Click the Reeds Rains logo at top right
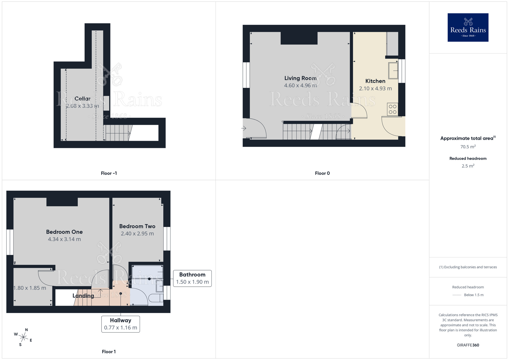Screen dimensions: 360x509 pos(468,27)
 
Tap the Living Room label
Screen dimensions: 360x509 pos(300,78)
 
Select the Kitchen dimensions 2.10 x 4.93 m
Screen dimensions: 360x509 pos(375,89)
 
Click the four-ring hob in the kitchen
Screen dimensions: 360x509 pos(392,109)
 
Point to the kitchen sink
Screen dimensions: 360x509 pos(393,71)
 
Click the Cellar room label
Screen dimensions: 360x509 pos(82,99)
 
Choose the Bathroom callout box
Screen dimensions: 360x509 pos(192,278)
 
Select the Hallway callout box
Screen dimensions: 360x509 pos(120,324)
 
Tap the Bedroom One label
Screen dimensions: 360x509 pos(64,232)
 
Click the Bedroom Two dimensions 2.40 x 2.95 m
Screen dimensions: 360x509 pos(137,234)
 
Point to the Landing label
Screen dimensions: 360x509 pos(83,296)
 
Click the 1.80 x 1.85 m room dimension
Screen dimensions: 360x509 pos(30,288)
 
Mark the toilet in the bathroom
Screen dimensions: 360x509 pos(156,298)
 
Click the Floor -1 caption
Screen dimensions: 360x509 pos(109,173)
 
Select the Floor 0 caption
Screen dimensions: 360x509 pos(322,173)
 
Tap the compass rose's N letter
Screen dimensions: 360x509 pos(26,330)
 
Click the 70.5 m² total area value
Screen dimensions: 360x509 pos(468,147)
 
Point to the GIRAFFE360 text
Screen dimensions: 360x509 pos(468,345)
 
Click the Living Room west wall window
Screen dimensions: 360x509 pos(246,75)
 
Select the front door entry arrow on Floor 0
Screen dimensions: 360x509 pos(244,128)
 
